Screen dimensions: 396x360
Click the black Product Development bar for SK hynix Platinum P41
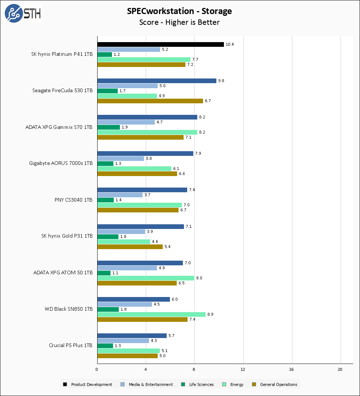point(161,44)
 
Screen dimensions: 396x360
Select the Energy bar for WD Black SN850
point(151,314)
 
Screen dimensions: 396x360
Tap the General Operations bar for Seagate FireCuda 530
point(150,101)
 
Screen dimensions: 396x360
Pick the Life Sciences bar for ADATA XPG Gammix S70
point(109,127)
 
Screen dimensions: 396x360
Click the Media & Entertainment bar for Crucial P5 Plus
point(123,341)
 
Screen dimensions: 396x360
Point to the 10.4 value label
point(229,44)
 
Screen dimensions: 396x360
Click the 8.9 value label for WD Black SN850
point(210,314)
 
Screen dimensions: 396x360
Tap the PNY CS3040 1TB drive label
point(73,200)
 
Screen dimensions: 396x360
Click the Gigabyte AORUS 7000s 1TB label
point(61,163)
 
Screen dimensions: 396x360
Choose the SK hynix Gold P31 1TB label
point(67,236)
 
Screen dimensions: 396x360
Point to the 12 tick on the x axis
point(243,369)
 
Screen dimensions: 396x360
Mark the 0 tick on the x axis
point(97,369)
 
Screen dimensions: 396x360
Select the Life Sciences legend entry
point(201,384)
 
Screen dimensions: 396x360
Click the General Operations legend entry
point(278,384)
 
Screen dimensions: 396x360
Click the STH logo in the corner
point(23,13)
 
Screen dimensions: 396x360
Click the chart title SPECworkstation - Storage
point(179,11)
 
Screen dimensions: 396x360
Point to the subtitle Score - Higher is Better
point(179,22)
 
